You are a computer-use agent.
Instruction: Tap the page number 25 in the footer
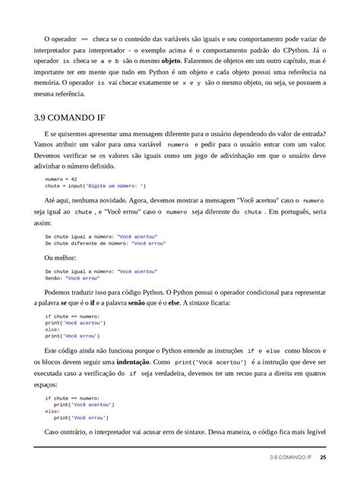[323, 458]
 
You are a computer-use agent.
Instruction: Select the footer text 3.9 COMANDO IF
[290, 458]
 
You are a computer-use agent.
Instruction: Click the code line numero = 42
[61, 178]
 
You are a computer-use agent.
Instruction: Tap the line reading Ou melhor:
[60, 258]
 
